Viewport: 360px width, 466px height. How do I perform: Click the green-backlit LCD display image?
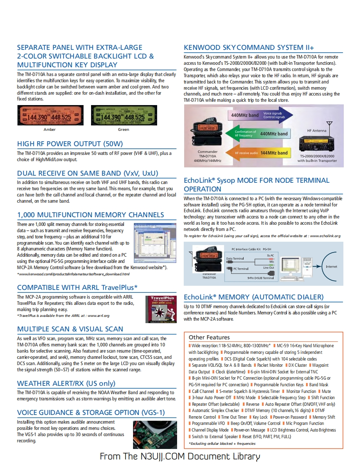pyautogui.click(x=123, y=115)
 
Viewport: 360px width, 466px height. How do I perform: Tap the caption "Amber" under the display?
pyautogui.click(x=49, y=130)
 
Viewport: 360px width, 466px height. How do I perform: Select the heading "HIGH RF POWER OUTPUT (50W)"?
pyautogui.click(x=70, y=144)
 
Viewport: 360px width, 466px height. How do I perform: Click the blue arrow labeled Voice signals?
pyautogui.click(x=260, y=115)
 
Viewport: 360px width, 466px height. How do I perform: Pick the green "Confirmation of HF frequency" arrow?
pyautogui.click(x=258, y=134)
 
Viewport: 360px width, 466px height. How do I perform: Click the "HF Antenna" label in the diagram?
pyautogui.click(x=316, y=130)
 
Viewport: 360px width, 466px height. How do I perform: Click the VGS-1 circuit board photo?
pyautogui.click(x=155, y=434)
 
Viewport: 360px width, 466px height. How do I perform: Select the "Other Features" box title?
pyautogui.click(x=209, y=337)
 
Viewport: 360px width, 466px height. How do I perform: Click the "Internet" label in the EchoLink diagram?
pyautogui.click(x=331, y=267)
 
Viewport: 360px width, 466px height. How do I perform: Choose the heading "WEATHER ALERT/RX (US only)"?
pyautogui.click(x=66, y=383)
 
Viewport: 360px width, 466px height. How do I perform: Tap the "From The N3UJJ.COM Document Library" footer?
pyautogui.click(x=180, y=456)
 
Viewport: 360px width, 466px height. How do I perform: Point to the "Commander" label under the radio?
pyautogui.click(x=207, y=152)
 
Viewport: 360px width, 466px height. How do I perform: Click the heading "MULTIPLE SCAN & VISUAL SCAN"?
pyautogui.click(x=70, y=329)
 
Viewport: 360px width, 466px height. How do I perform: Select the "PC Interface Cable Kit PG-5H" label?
pyautogui.click(x=251, y=249)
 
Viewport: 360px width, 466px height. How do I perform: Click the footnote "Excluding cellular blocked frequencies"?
pyautogui.click(x=222, y=444)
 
